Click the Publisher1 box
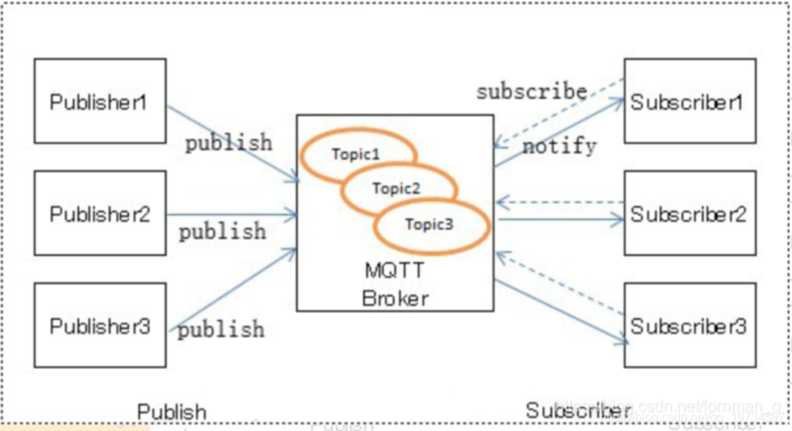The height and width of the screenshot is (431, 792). (99, 101)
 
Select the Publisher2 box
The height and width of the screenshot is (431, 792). (99, 213)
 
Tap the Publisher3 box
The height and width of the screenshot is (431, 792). (99, 326)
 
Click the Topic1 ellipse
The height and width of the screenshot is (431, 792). (357, 154)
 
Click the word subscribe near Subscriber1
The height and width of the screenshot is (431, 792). (531, 91)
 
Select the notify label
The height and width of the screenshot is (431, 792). (559, 147)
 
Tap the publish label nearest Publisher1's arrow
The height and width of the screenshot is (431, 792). (229, 141)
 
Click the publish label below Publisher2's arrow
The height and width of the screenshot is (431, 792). (223, 232)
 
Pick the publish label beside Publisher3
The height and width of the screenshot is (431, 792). (223, 329)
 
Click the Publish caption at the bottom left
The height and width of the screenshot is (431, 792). (173, 411)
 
